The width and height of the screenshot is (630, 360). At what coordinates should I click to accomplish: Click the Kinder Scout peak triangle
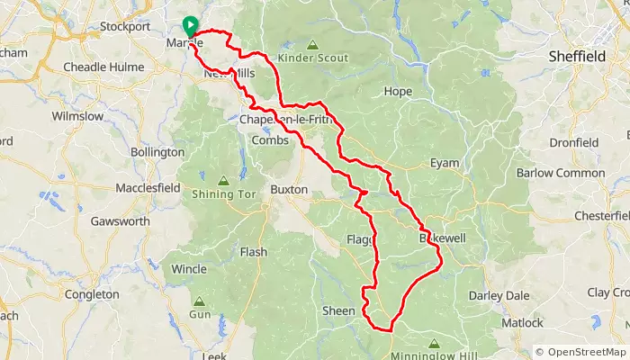(312, 44)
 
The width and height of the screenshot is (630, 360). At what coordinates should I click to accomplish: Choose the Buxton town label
(289, 191)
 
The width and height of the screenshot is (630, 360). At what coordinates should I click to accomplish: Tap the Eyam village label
(445, 163)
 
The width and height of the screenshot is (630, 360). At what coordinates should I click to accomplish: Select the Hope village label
(397, 92)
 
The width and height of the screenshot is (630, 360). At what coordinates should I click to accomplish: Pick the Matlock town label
(523, 322)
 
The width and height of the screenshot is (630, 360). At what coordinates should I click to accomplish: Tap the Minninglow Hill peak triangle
(434, 342)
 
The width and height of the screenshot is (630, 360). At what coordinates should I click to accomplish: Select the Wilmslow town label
(78, 117)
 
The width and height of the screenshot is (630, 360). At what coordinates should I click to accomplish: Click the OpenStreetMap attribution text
(582, 352)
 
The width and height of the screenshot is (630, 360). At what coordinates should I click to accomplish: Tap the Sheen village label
(338, 310)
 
